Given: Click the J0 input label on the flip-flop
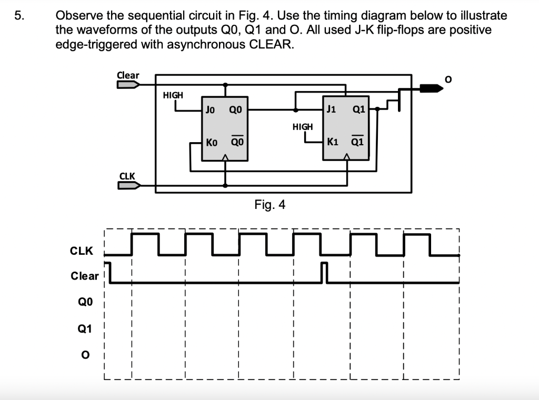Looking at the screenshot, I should pyautogui.click(x=210, y=110).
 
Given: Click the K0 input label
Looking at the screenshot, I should pyautogui.click(x=212, y=142).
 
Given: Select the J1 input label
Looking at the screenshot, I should pyautogui.click(x=331, y=110).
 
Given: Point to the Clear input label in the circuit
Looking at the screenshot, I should pyautogui.click(x=128, y=75).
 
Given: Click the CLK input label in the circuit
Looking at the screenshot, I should pyautogui.click(x=127, y=175).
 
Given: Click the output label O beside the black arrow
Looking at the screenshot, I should pyautogui.click(x=448, y=79).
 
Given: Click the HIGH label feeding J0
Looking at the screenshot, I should pyautogui.click(x=173, y=95).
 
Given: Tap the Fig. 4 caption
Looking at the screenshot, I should pyautogui.click(x=269, y=204).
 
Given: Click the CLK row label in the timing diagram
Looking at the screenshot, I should pyautogui.click(x=82, y=251).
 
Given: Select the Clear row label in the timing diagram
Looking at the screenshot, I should pyautogui.click(x=84, y=276).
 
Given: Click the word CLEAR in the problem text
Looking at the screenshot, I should pyautogui.click(x=266, y=44).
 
